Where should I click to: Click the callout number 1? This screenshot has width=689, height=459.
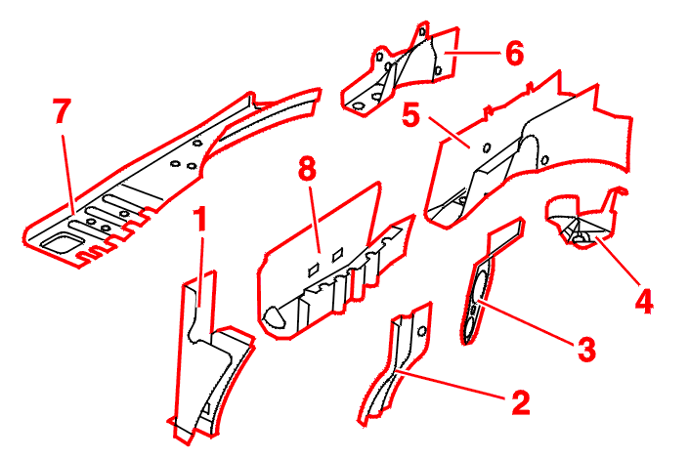200,221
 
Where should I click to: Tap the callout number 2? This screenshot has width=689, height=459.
520,400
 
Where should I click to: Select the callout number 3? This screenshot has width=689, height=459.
585,346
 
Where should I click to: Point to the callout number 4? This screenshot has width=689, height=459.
643,300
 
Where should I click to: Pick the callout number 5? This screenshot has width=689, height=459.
412,117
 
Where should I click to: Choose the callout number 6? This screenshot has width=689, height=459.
514,53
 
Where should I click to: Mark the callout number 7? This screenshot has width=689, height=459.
62,112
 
